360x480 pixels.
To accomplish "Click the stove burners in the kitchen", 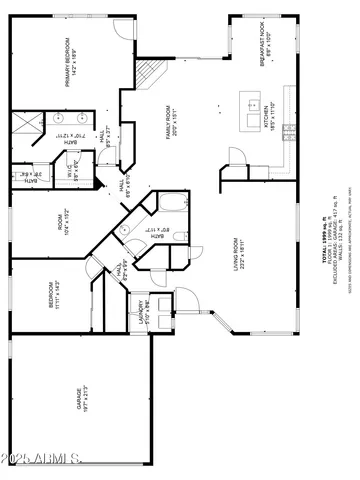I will point(287,130).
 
